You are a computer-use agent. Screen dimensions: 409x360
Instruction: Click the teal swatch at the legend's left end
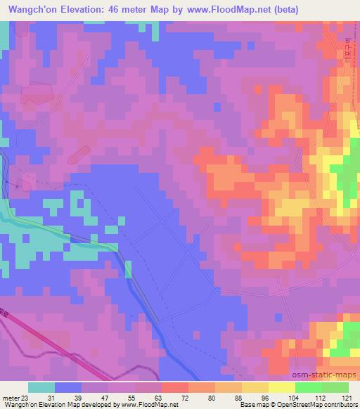(41, 387)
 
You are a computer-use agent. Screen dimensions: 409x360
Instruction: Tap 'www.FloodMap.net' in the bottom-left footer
(149, 405)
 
